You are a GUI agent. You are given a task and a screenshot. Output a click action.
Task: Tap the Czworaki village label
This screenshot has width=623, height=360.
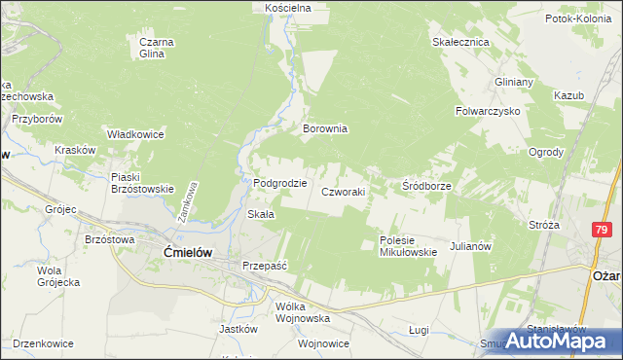click(x=344, y=192)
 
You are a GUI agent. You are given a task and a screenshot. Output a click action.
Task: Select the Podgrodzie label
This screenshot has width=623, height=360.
click(x=280, y=182)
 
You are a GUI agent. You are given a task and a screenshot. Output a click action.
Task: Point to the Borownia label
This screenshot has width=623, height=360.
click(x=325, y=128)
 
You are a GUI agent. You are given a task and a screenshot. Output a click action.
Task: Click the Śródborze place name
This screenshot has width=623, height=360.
click(x=425, y=184)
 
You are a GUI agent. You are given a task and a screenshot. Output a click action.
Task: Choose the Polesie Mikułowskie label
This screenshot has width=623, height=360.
click(x=407, y=246)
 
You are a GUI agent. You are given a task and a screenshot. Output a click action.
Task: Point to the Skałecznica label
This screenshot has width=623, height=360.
click(x=459, y=43)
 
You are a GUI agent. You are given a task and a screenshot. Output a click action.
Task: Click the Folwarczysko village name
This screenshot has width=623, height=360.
click(x=488, y=112)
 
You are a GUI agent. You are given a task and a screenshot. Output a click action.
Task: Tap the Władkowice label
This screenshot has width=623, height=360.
click(x=134, y=134)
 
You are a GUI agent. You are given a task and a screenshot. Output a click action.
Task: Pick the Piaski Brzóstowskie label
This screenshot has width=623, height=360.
click(x=142, y=183)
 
